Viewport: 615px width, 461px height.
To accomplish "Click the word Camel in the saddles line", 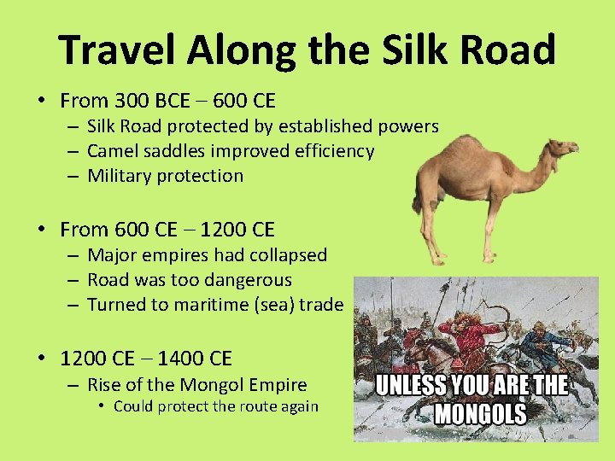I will pyautogui.click(x=113, y=151).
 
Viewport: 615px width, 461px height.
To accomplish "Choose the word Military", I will pyautogui.click(x=120, y=176).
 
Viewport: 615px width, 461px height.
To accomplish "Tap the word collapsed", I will pyautogui.click(x=286, y=255).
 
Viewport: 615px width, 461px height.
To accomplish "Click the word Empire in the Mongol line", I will pyautogui.click(x=275, y=385).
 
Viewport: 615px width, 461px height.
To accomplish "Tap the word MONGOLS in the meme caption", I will pyautogui.click(x=480, y=415).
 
